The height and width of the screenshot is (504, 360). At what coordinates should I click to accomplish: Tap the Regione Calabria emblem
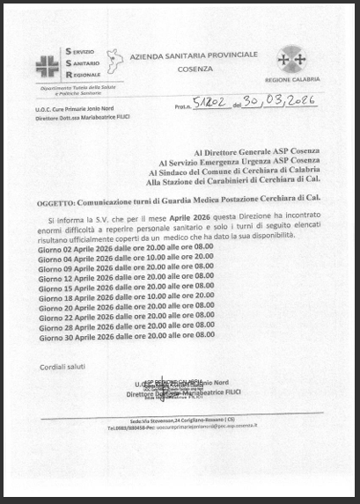[x=291, y=61]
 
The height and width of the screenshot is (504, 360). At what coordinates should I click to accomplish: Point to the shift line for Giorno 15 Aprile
[x=125, y=287]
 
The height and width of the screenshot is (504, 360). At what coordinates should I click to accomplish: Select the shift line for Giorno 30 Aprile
[x=125, y=335]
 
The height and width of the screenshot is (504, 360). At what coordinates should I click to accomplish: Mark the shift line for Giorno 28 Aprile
[x=125, y=325]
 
